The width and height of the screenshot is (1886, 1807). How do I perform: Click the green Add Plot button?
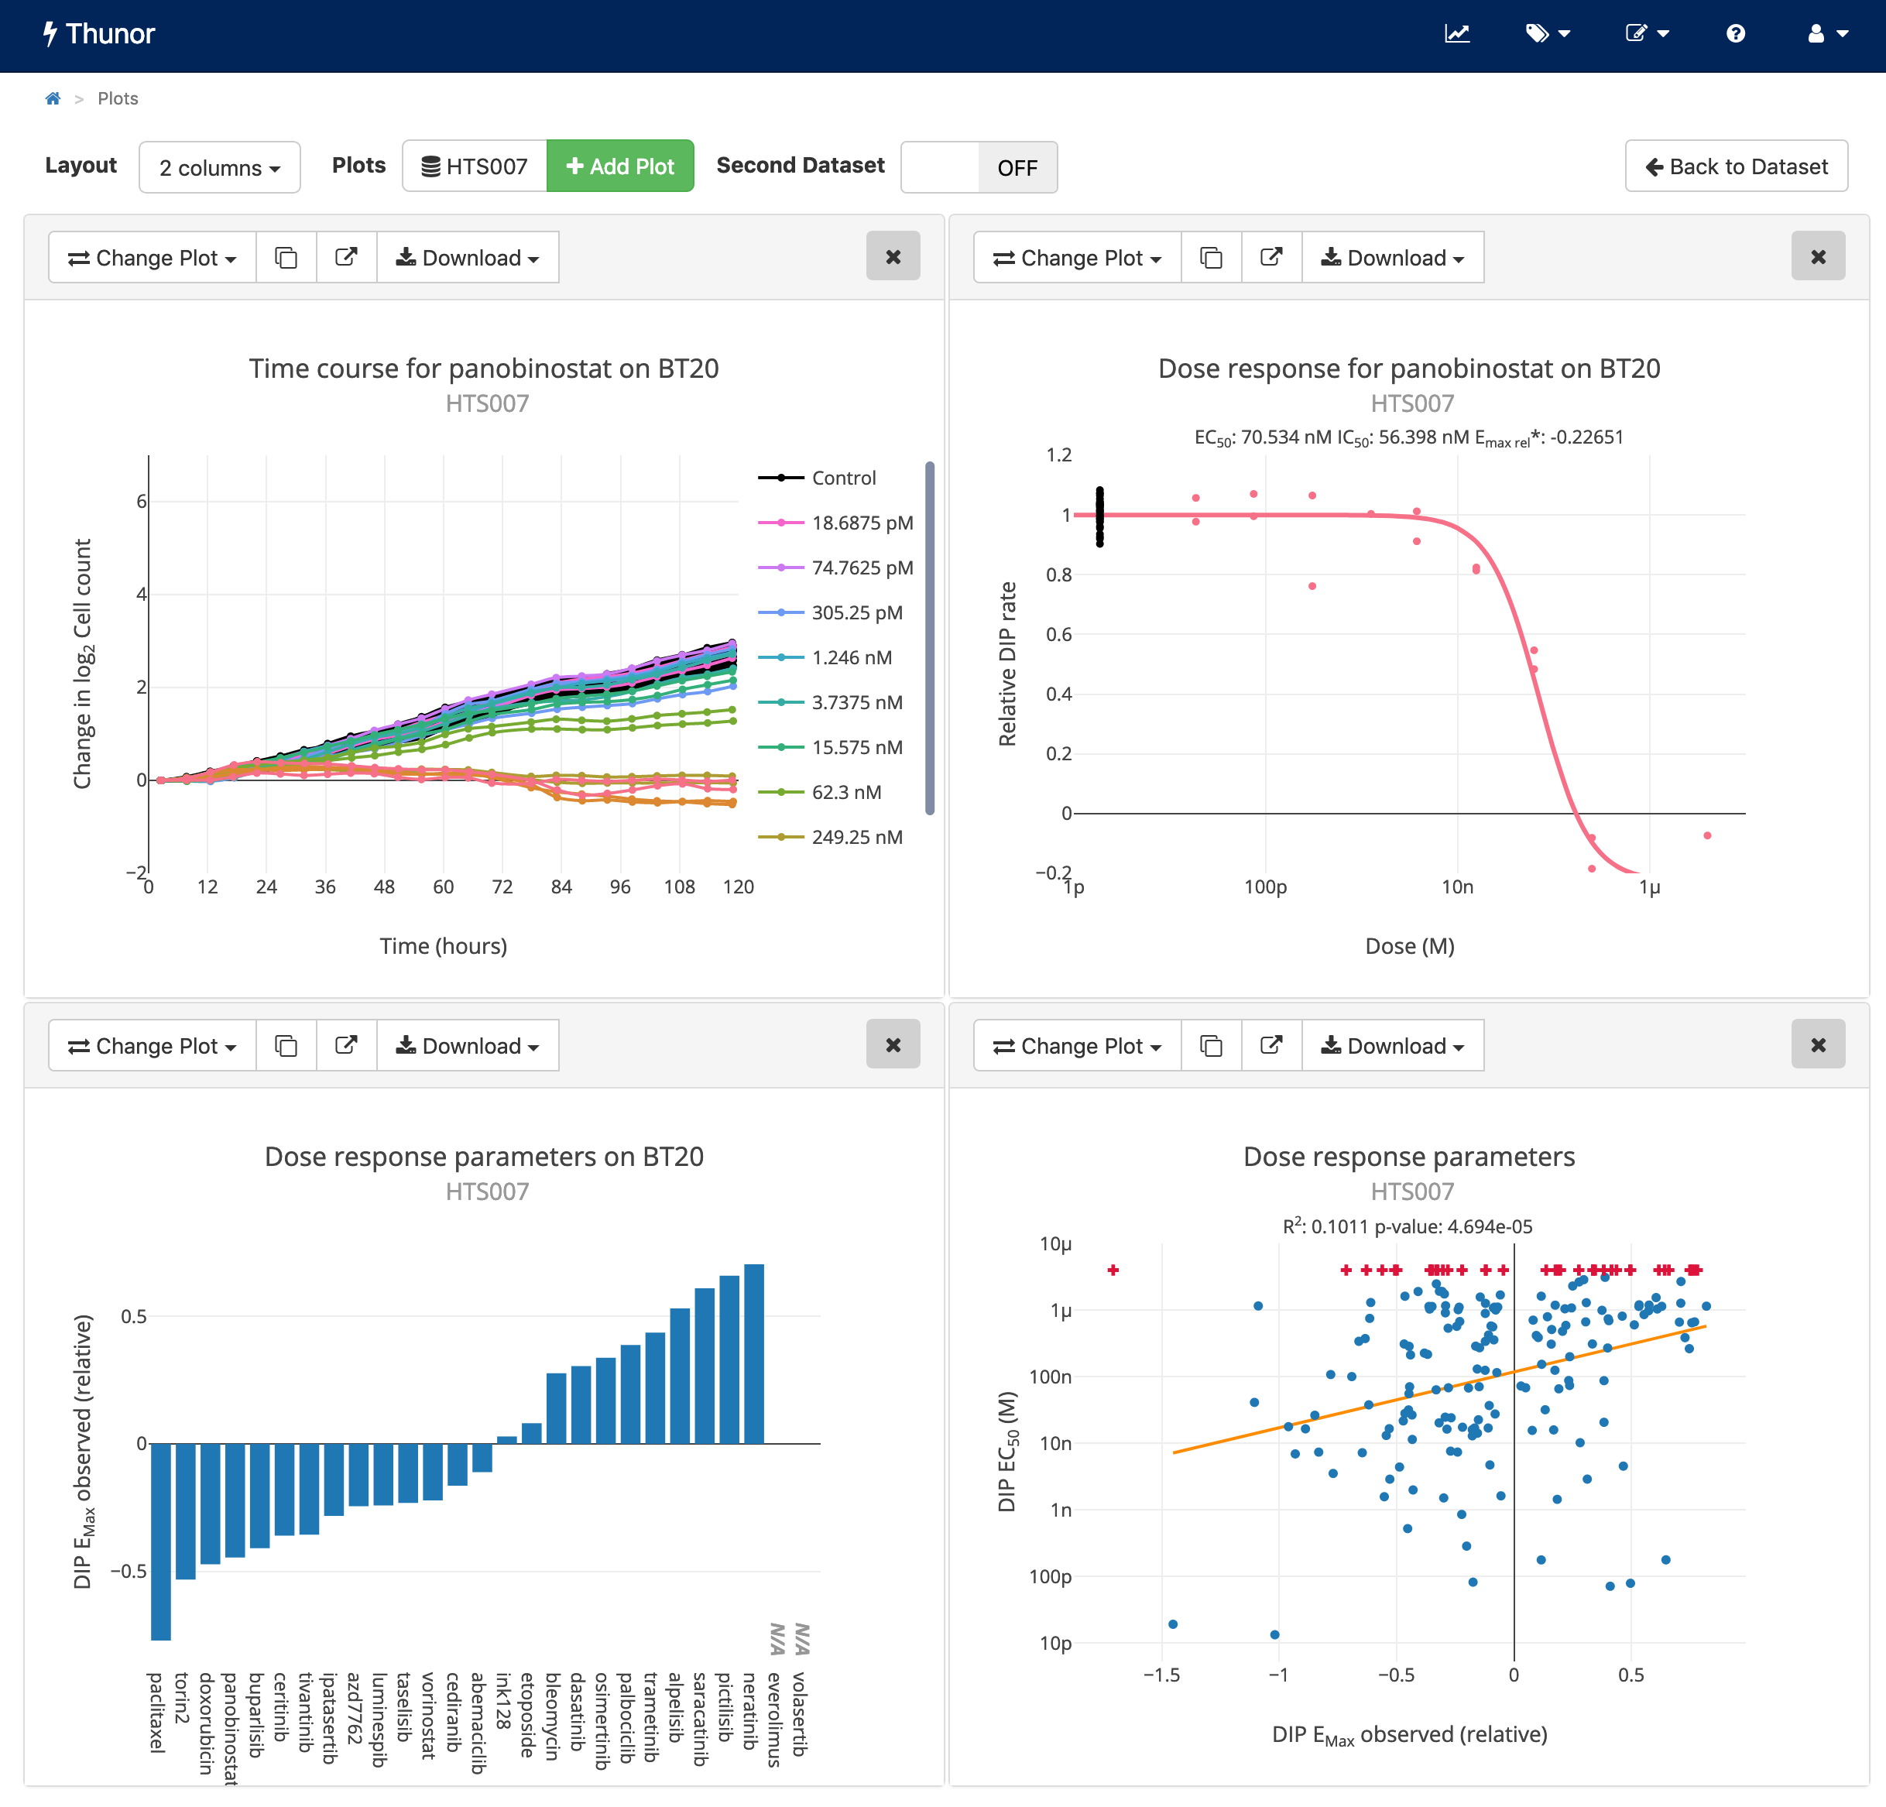[x=619, y=166]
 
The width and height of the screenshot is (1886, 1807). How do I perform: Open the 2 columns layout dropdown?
[x=219, y=167]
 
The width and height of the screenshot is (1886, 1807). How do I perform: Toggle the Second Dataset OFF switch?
[x=979, y=167]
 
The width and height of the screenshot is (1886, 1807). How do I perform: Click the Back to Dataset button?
[x=1736, y=166]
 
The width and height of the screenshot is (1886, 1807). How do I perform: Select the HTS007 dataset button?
[x=475, y=166]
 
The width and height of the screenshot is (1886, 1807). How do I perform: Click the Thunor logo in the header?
[x=99, y=33]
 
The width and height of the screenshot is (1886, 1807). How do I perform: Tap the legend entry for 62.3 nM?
[x=845, y=792]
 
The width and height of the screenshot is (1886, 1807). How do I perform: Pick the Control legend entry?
[x=843, y=478]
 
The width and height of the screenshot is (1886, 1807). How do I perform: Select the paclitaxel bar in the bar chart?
[x=161, y=1539]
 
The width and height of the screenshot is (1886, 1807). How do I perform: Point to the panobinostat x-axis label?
[x=230, y=1727]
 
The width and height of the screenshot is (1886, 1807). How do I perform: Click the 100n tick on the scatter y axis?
[x=1050, y=1377]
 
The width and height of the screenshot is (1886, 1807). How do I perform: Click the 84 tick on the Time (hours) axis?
[x=561, y=887]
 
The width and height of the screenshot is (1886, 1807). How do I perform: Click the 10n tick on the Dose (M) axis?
[x=1457, y=887]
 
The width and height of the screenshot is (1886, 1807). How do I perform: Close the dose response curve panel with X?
[x=1817, y=257]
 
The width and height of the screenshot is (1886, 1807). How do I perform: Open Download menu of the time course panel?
[x=468, y=258]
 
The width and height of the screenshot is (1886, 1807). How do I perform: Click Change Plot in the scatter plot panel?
[x=1077, y=1046]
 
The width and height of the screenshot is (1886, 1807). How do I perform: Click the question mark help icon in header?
[x=1735, y=33]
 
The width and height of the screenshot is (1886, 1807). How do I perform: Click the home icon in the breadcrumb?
[x=53, y=98]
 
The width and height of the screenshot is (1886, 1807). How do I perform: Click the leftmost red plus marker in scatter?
[x=1113, y=1270]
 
